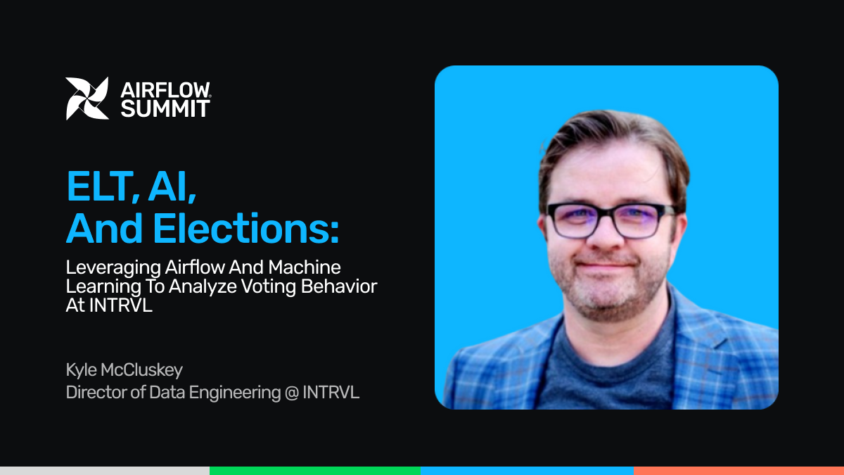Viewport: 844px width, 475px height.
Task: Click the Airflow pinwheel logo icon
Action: tap(87, 99)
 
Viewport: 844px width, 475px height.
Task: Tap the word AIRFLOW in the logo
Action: tap(165, 90)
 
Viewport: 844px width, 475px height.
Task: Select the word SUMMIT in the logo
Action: tap(165, 108)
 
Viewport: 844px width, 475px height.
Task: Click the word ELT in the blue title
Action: tap(102, 186)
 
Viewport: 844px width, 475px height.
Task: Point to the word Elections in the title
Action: tap(245, 229)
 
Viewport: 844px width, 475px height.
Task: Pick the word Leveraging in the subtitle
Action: tap(113, 268)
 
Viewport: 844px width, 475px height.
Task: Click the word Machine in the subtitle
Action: tap(305, 267)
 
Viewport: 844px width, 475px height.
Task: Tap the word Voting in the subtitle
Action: tap(268, 287)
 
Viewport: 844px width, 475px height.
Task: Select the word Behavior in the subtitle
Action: tap(339, 286)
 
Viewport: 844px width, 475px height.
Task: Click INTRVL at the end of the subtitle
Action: tap(120, 305)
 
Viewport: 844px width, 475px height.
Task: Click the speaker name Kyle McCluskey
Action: tap(124, 370)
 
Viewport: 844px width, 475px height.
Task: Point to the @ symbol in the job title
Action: tap(292, 393)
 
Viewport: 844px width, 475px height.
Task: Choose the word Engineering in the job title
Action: tap(235, 393)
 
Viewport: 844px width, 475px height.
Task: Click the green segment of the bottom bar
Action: tap(315, 471)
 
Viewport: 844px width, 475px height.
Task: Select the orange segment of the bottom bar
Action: tap(739, 471)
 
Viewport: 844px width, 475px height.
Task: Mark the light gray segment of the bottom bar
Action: tap(105, 471)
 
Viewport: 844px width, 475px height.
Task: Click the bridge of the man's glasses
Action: tap(606, 214)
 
